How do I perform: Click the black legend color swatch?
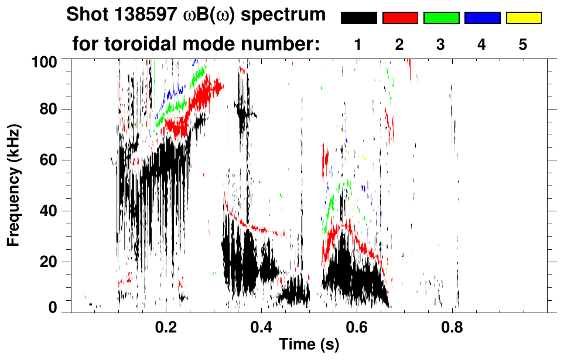pyautogui.click(x=358, y=18)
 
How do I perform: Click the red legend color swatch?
pyautogui.click(x=400, y=18)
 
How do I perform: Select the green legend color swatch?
pyautogui.click(x=441, y=18)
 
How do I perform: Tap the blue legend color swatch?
pyautogui.click(x=482, y=18)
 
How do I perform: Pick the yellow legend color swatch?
pyautogui.click(x=524, y=18)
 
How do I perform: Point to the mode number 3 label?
pyautogui.click(x=441, y=44)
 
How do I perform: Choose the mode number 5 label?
pyautogui.click(x=523, y=44)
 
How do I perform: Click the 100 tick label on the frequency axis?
pyautogui.click(x=46, y=60)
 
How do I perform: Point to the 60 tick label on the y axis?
pyautogui.click(x=50, y=160)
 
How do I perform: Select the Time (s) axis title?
pyautogui.click(x=309, y=345)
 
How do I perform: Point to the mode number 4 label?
pyautogui.click(x=482, y=44)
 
